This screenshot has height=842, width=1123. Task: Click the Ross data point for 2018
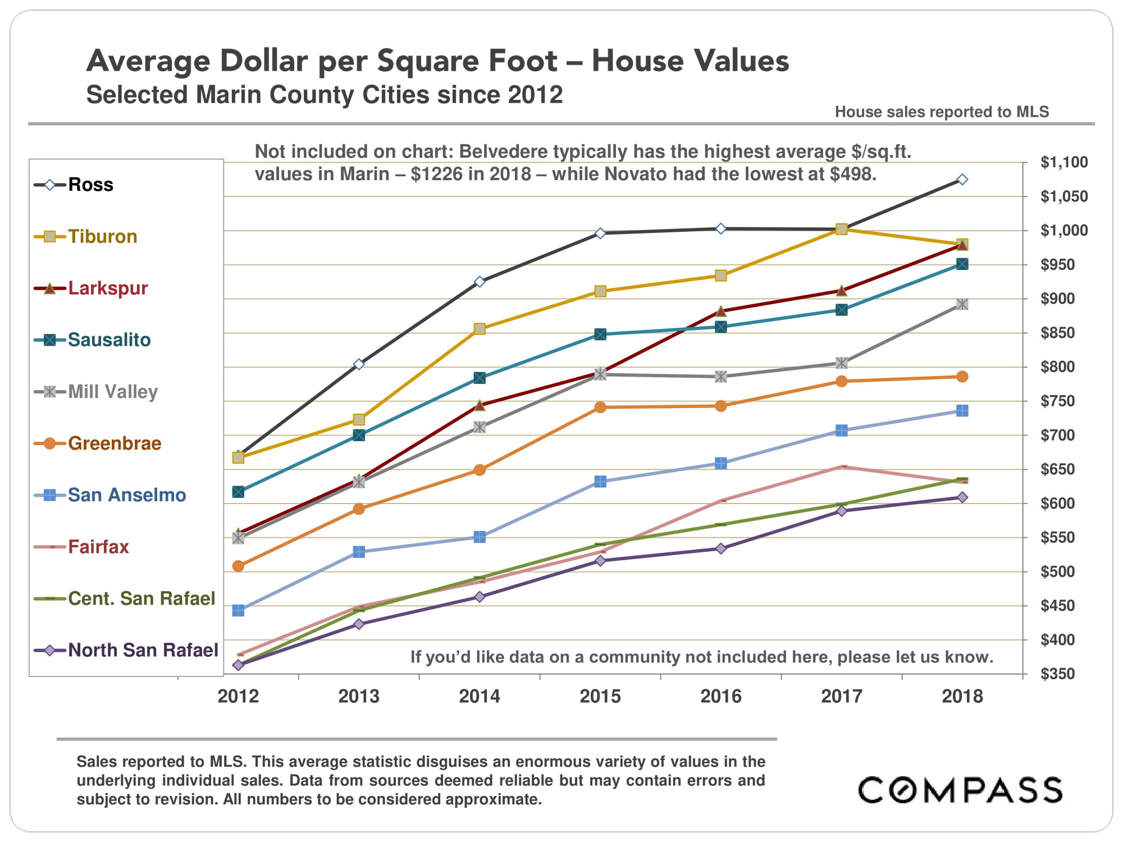962,180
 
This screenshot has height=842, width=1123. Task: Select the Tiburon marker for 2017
841,229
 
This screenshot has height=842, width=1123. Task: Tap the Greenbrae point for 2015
600,407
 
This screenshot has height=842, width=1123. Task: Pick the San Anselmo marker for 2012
238,610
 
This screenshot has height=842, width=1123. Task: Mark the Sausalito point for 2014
480,378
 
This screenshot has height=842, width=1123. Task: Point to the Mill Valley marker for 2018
962,304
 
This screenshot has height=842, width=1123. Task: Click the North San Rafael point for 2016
721,548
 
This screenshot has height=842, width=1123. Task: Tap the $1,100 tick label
1064,162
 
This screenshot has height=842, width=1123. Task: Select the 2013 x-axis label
359,697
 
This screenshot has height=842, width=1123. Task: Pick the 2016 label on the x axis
721,697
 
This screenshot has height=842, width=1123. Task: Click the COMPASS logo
960,790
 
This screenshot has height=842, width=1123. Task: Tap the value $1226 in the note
433,174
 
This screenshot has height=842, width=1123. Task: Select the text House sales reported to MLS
942,112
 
